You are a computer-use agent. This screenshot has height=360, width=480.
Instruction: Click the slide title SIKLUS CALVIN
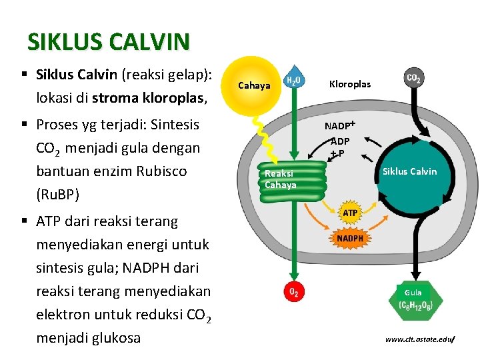tap(108, 42)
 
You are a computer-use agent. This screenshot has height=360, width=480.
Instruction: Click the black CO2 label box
tap(413, 78)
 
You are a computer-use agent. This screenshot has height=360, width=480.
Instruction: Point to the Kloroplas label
tap(350, 85)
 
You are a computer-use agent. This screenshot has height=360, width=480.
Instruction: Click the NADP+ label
tap(340, 125)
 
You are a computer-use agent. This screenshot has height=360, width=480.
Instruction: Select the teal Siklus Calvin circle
tap(409, 171)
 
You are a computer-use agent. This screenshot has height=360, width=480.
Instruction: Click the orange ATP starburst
tap(350, 213)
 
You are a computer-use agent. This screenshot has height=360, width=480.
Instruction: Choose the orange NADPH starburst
tap(350, 238)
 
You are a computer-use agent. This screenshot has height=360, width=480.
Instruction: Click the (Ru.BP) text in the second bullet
tap(58, 195)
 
